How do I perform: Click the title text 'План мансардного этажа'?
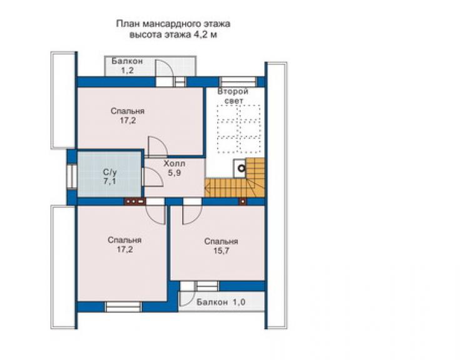click(x=173, y=24)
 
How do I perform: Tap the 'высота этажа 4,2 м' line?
click(x=174, y=34)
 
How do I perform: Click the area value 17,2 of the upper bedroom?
click(x=128, y=120)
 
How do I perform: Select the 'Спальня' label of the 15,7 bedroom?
click(x=221, y=241)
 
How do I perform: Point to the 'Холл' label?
click(x=175, y=163)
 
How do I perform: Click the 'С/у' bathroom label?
click(x=109, y=172)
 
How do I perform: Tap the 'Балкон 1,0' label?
click(x=221, y=302)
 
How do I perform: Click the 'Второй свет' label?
click(x=233, y=96)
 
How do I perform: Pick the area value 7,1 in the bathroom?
click(x=109, y=181)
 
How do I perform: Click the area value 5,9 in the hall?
click(x=175, y=173)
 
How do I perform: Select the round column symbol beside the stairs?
click(x=242, y=168)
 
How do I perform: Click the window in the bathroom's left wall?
click(x=72, y=176)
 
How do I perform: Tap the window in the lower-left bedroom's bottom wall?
click(x=123, y=307)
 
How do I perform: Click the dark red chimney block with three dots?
click(x=135, y=201)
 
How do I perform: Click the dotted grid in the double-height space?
click(x=238, y=129)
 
